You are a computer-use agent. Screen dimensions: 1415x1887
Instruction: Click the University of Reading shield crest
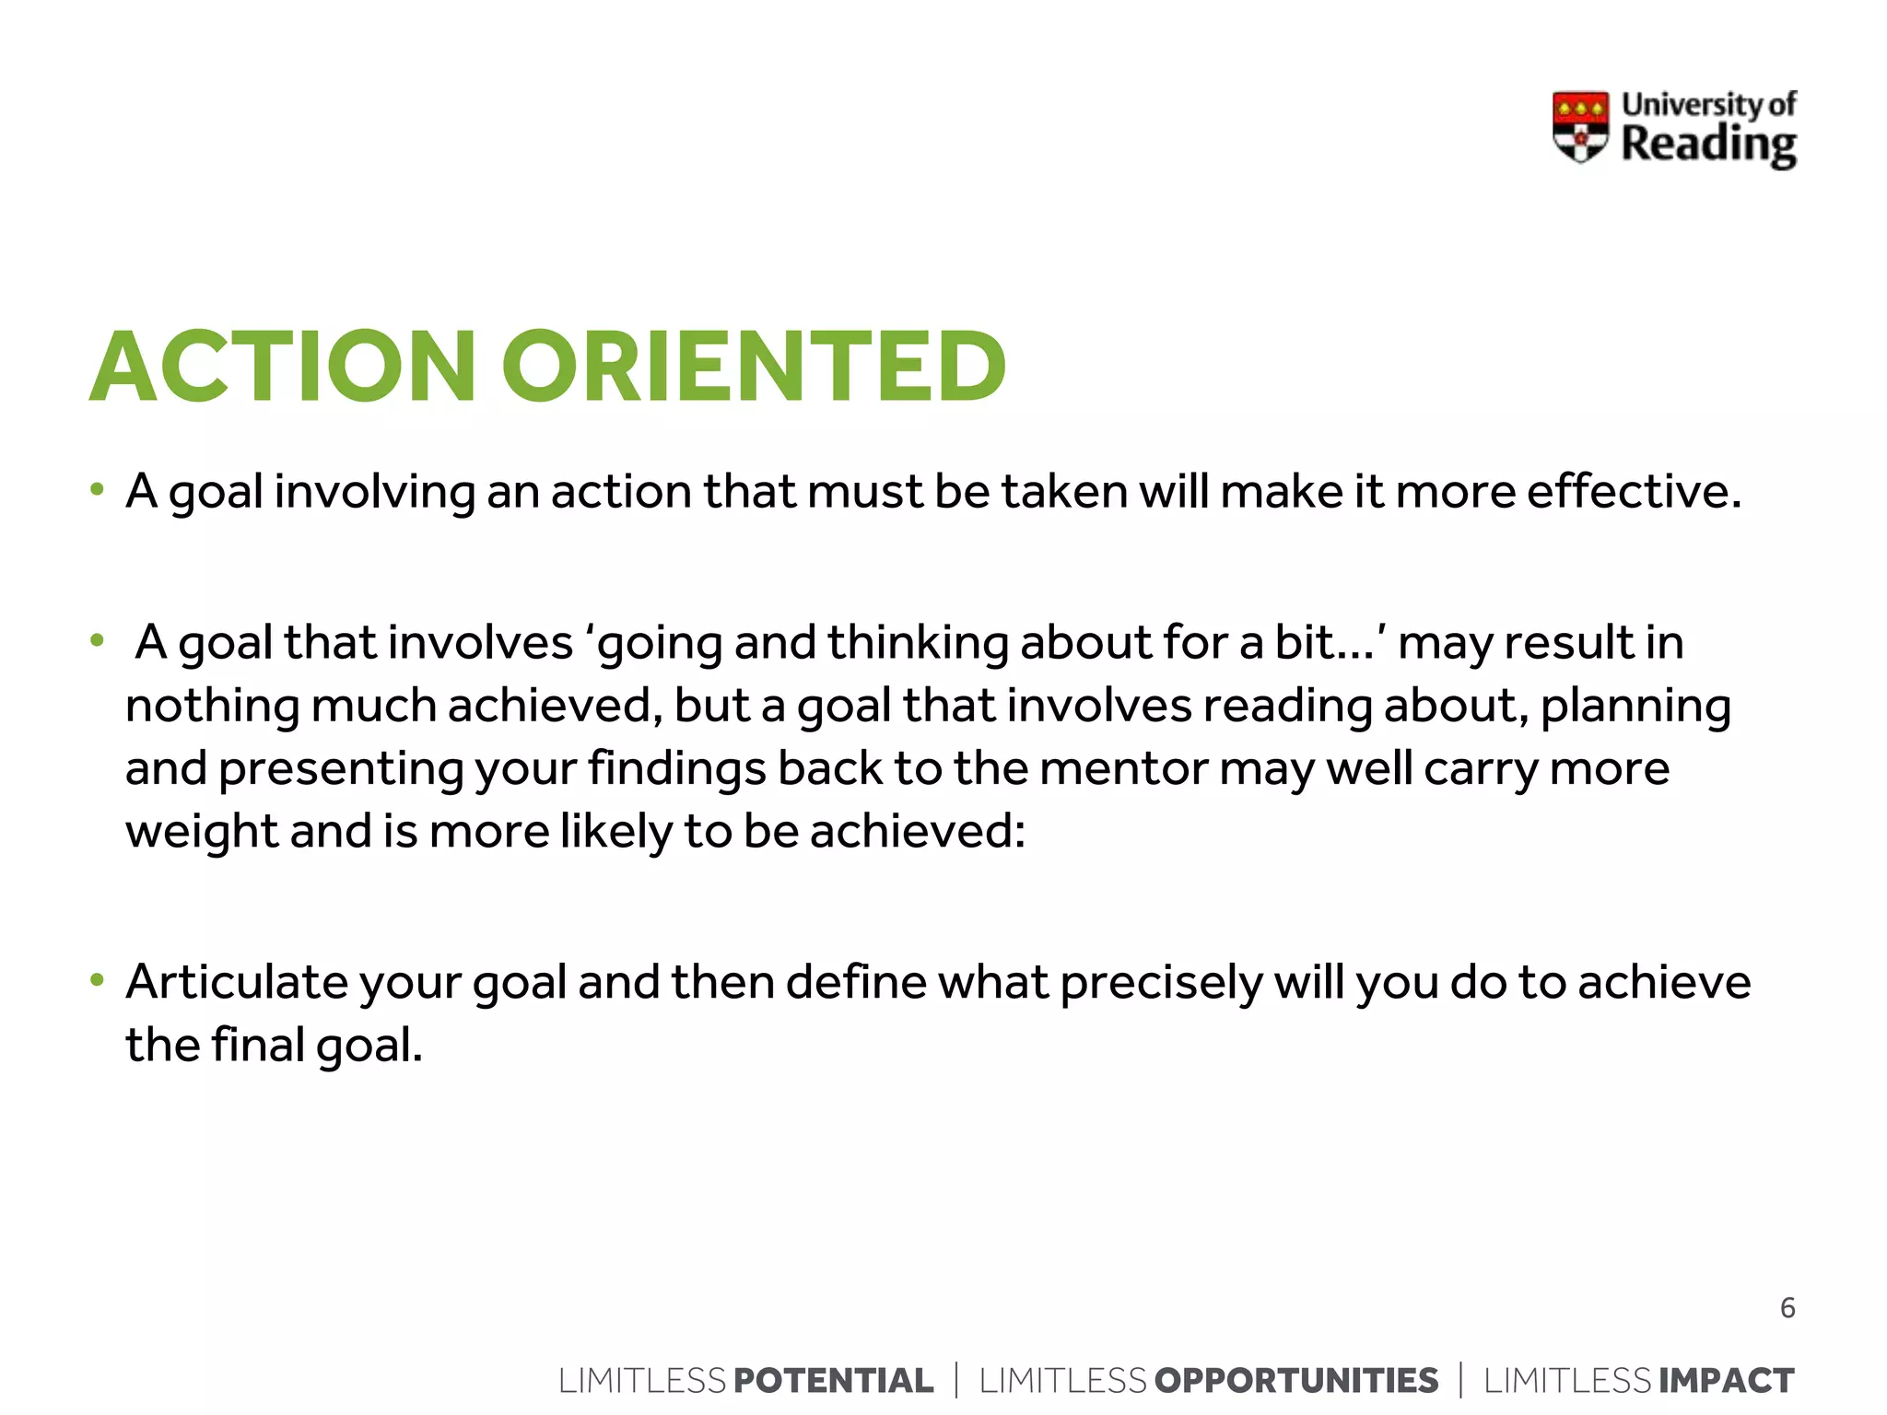point(1580,127)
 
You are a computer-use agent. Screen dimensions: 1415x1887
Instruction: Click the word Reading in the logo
point(1708,146)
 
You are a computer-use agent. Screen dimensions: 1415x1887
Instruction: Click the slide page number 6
point(1787,1308)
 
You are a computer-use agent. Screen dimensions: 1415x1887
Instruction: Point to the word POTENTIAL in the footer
point(834,1381)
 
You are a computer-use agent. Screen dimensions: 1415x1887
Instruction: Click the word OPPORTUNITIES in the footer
point(1296,1381)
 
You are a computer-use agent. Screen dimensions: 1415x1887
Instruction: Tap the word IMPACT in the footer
point(1727,1381)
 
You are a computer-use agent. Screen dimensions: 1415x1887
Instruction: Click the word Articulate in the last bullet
point(237,982)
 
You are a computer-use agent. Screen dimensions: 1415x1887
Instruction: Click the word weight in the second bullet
point(202,833)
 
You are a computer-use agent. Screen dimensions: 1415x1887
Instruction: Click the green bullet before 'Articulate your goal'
point(97,980)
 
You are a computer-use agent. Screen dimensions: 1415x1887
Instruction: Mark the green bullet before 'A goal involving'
point(97,489)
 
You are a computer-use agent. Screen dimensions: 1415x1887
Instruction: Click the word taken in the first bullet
point(1064,491)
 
